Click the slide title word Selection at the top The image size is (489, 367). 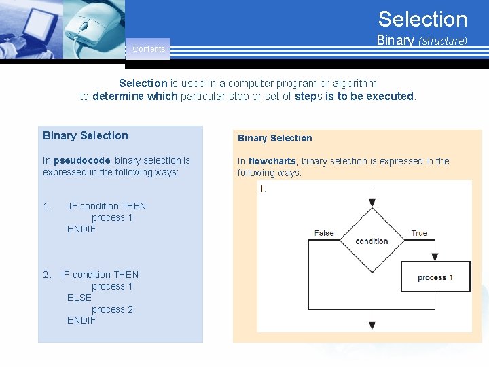click(422, 19)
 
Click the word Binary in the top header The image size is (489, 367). click(395, 40)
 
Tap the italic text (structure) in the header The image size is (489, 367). click(442, 41)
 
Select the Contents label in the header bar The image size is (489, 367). click(149, 49)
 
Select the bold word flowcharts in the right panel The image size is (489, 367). click(272, 162)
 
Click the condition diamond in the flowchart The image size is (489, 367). click(372, 241)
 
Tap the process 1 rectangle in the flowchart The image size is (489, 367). click(435, 277)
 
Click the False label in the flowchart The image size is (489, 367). click(324, 233)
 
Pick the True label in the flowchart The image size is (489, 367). click(419, 233)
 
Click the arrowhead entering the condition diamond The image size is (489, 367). click(372, 203)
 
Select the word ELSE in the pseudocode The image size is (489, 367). click(79, 298)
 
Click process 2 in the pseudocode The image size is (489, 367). click(112, 309)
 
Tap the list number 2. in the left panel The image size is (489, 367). click(47, 275)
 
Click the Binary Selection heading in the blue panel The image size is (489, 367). click(86, 135)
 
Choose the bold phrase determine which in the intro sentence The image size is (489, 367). click(135, 97)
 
